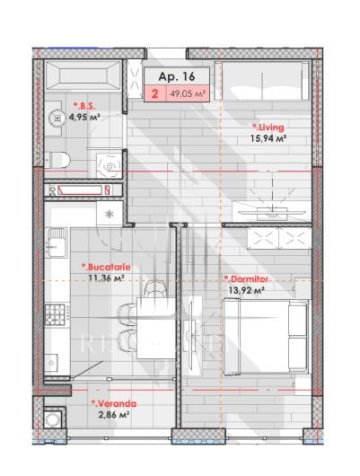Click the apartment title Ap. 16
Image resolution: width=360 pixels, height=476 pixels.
[176, 76]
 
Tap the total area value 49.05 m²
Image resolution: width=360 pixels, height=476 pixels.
[188, 93]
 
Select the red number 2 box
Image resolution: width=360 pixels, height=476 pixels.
[154, 93]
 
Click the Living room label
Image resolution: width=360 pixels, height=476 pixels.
[268, 128]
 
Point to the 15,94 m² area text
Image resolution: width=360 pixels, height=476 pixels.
[268, 138]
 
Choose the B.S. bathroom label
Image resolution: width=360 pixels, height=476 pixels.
[84, 106]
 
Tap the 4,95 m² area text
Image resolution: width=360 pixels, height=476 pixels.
[84, 117]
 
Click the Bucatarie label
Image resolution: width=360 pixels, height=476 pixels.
[106, 267]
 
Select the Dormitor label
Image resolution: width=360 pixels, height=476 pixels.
[246, 279]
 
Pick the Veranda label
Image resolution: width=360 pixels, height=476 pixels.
[114, 403]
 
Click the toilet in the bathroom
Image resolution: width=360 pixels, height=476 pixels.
[57, 159]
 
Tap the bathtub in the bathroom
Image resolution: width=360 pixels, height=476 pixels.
[83, 75]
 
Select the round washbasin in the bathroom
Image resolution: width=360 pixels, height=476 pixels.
[57, 117]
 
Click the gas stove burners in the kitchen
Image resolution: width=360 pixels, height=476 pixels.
[56, 315]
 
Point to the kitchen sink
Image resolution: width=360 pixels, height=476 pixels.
[57, 242]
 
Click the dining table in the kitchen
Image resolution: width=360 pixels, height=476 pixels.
[156, 328]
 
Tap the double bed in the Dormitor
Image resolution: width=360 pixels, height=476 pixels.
[266, 336]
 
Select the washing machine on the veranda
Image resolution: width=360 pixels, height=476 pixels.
[55, 419]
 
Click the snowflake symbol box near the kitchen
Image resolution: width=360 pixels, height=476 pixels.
[110, 215]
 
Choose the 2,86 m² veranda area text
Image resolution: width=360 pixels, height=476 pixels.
[114, 414]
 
